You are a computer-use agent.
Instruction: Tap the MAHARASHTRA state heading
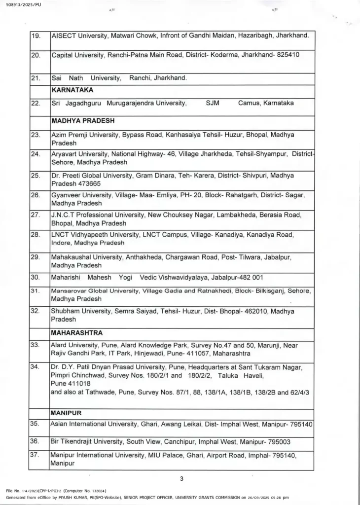[77, 333]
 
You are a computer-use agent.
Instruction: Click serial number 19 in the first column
[36, 36]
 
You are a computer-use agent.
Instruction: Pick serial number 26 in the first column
[36, 195]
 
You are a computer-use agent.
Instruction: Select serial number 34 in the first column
[36, 367]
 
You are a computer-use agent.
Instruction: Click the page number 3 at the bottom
[181, 478]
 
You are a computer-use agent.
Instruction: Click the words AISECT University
[75, 36]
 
